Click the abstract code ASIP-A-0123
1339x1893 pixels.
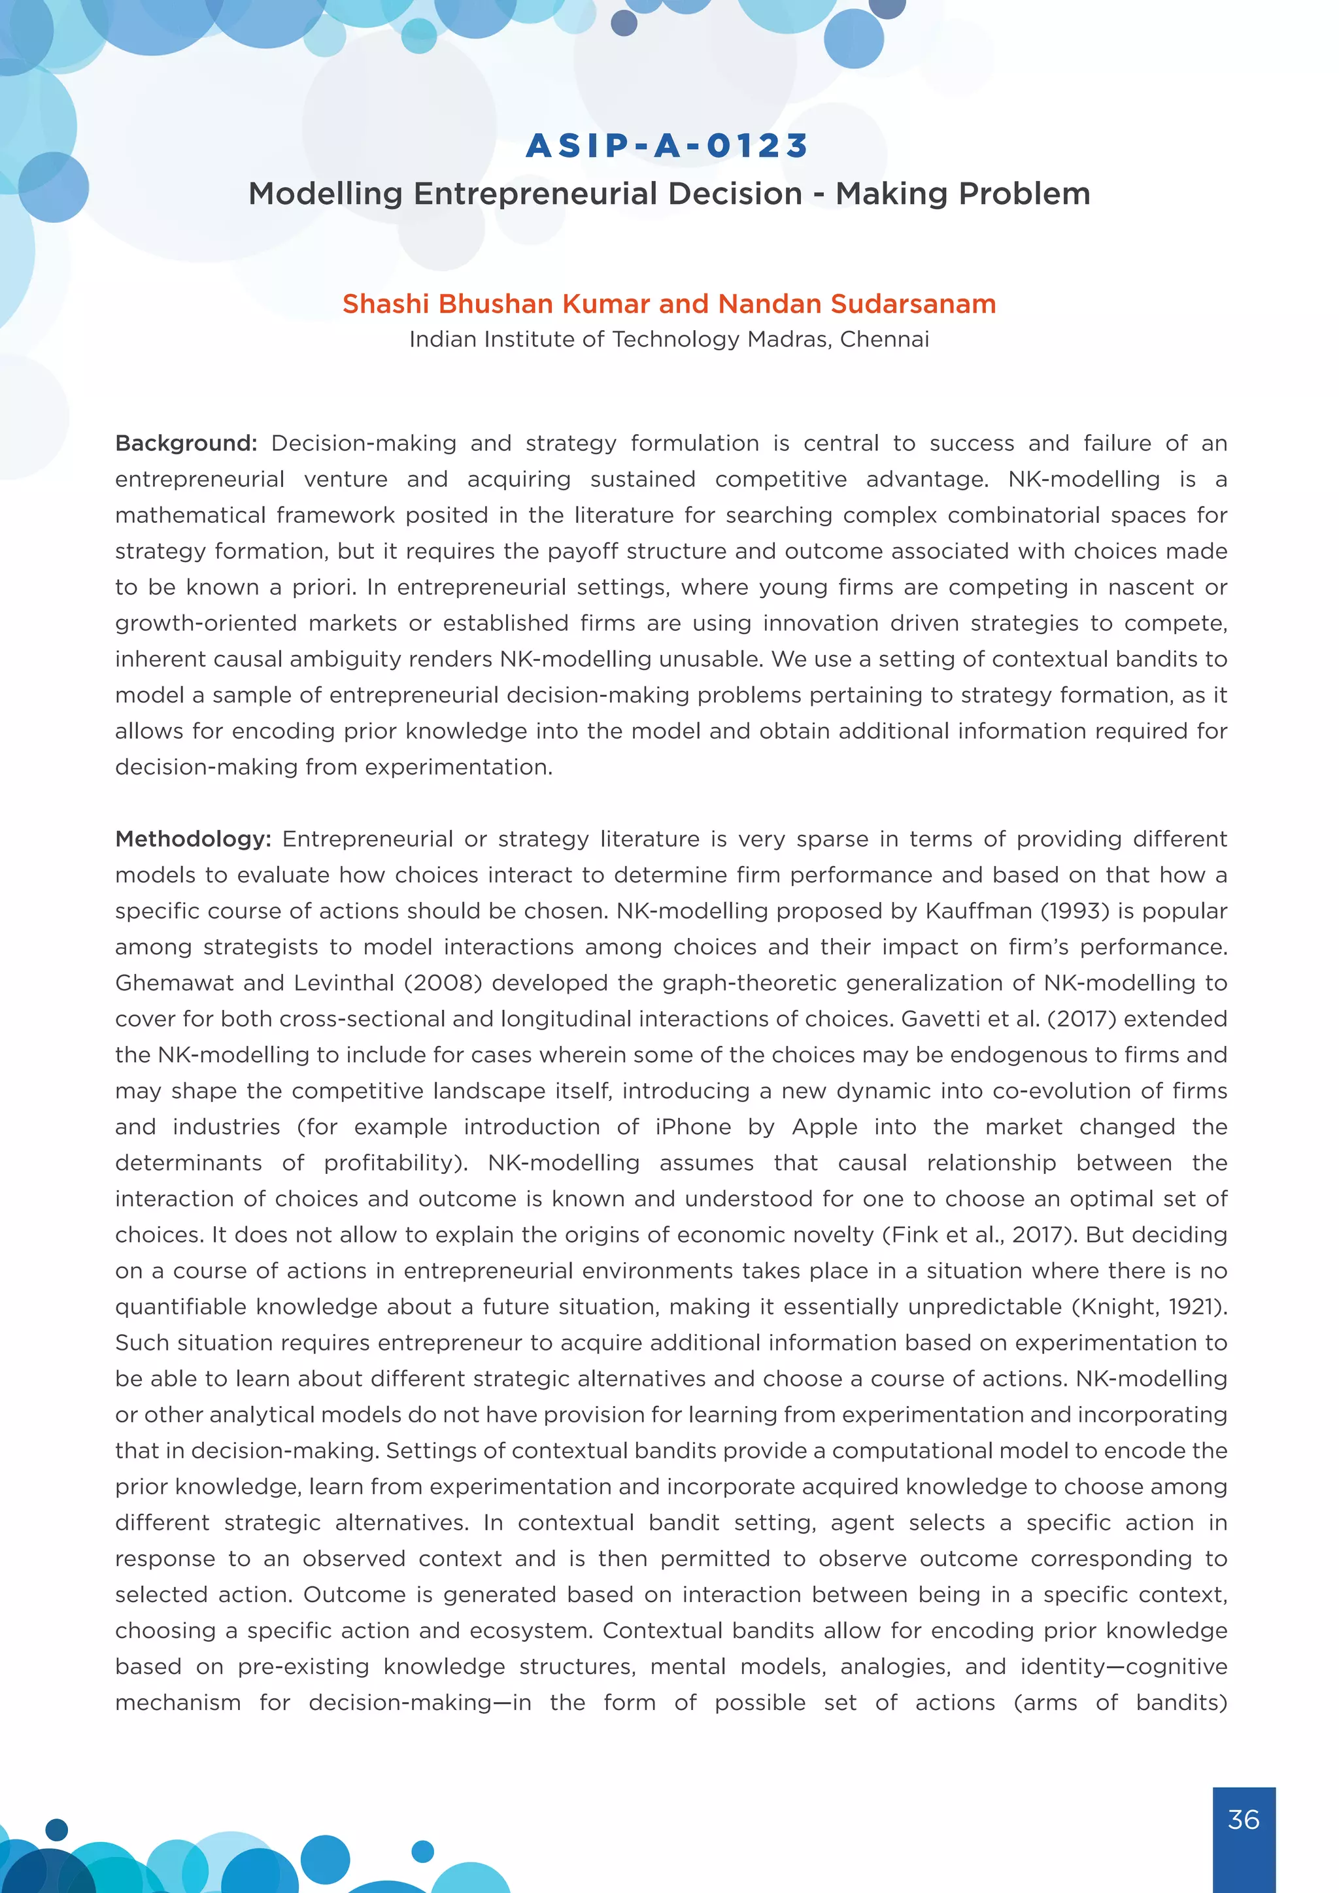tap(668, 146)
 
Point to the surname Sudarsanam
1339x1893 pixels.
tap(913, 304)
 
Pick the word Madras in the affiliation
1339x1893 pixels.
tap(786, 340)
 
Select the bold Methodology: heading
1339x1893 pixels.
tap(193, 839)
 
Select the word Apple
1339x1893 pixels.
tap(824, 1127)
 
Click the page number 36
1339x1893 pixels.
tap(1244, 1820)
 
